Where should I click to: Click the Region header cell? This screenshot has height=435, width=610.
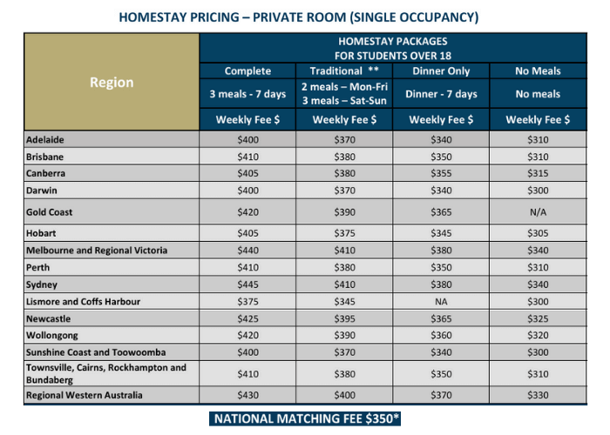[112, 83]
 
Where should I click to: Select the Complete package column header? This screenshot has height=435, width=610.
[247, 71]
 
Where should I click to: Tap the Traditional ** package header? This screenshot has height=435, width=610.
[344, 71]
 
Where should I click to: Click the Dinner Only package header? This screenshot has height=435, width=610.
[442, 71]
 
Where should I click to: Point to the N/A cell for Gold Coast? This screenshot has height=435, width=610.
[538, 212]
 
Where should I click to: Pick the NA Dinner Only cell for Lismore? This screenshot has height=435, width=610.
[442, 301]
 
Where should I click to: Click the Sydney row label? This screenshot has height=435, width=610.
[42, 284]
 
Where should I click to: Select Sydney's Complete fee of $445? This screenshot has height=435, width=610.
[247, 284]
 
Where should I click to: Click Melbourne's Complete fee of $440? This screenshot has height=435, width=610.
[247, 251]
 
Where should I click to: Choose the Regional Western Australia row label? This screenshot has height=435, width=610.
[84, 395]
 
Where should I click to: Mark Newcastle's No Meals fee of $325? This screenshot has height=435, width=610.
[538, 318]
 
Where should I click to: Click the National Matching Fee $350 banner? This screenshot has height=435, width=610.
[305, 418]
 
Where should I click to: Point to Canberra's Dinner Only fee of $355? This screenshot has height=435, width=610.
[442, 173]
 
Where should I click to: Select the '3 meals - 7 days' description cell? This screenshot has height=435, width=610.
[247, 94]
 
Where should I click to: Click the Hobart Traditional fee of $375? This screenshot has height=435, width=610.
[344, 234]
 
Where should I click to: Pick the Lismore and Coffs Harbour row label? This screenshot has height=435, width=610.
[84, 301]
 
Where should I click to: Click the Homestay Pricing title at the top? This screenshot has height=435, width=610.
[304, 17]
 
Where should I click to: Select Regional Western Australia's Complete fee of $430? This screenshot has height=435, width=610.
[247, 395]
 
